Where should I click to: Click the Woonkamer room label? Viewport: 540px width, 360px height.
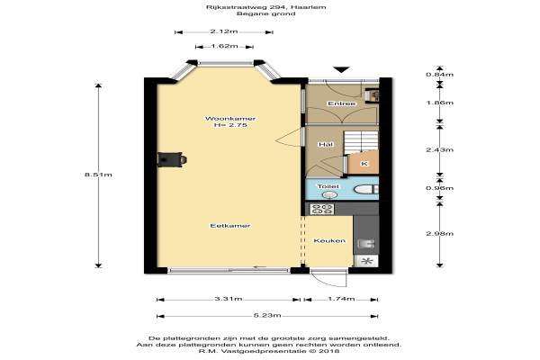(230, 119)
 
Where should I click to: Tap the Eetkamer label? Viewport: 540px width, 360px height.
(230, 226)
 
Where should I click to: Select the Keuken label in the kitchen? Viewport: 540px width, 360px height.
(329, 241)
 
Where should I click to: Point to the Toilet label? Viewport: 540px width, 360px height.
(328, 186)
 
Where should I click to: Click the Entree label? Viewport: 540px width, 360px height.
(342, 103)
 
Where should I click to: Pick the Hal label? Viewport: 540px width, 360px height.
(326, 144)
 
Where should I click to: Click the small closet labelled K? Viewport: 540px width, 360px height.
(364, 164)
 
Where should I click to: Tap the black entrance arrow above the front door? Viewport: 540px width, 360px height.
(341, 69)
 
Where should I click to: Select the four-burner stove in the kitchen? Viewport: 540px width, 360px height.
(321, 209)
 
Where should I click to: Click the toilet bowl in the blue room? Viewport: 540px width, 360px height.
(365, 190)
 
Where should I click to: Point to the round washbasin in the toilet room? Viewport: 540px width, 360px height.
(330, 195)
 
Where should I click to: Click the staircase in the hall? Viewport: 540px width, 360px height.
(361, 142)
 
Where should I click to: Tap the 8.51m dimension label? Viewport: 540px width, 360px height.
(98, 175)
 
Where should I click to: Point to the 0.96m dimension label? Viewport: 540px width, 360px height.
(440, 188)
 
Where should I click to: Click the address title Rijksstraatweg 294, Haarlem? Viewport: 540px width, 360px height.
(266, 7)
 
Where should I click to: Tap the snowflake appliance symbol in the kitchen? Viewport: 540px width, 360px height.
(366, 261)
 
